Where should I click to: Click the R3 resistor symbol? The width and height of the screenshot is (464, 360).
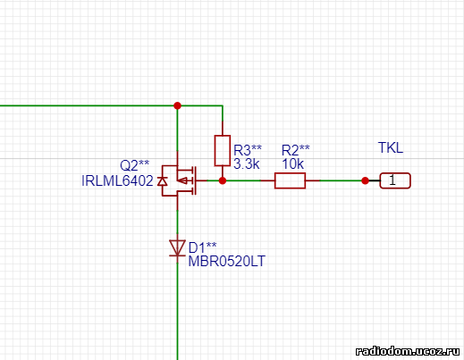(223, 150)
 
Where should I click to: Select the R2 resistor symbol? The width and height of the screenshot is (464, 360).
(290, 180)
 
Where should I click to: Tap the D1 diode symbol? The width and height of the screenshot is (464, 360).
(177, 248)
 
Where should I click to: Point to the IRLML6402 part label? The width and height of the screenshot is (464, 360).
(117, 180)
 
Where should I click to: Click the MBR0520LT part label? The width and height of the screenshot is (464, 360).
(227, 262)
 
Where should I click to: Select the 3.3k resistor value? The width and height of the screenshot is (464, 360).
(247, 163)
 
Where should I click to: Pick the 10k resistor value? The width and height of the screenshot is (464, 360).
(292, 163)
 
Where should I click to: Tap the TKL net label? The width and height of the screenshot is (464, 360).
(391, 147)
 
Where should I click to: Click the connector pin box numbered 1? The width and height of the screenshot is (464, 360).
(395, 180)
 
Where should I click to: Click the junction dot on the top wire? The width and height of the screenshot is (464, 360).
(177, 105)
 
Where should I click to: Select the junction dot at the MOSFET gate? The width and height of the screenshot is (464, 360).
(223, 180)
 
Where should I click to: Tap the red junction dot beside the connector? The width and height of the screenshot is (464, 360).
(365, 180)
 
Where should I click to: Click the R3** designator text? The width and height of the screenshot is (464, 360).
(248, 150)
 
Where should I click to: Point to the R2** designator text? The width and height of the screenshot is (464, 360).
(296, 150)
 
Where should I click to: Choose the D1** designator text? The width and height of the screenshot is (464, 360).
(203, 247)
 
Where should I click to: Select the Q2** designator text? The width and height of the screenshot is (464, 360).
(134, 165)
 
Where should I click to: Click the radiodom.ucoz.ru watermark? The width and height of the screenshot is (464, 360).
(408, 351)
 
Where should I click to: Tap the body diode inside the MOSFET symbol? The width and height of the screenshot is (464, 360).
(162, 180)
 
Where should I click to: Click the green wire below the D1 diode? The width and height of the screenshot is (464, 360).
(177, 312)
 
